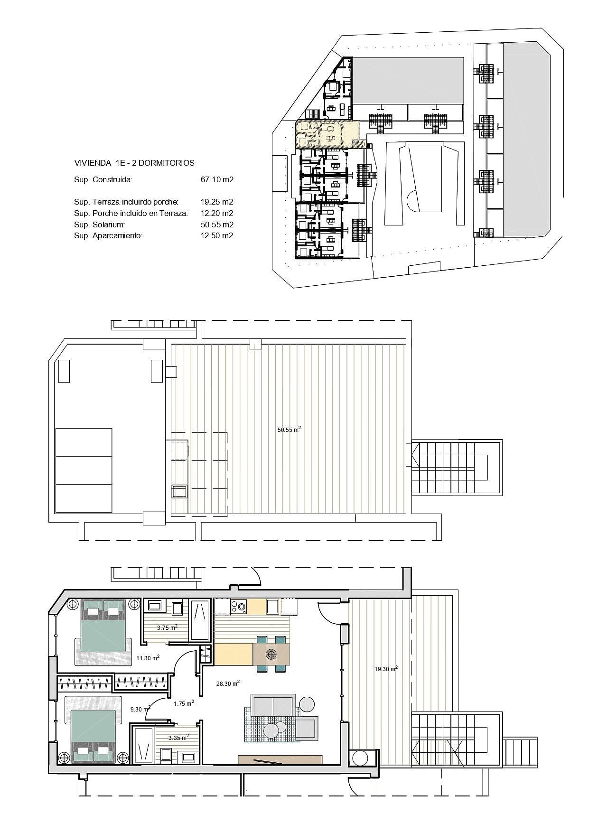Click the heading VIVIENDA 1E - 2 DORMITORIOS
pos(134,163)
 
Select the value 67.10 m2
pos(217,179)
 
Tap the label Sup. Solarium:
pos(99,225)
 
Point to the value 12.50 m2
pos(217,235)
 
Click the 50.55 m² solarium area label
pos(289,430)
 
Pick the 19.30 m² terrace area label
pos(386,669)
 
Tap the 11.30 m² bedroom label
pos(148,658)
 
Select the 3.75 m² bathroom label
pos(167,627)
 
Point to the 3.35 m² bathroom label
pos(178,737)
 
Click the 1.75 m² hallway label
pos(184,703)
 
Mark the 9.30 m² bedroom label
pos(140,709)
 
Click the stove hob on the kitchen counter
pos(238,606)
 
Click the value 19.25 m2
pos(217,202)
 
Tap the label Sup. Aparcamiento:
pos(108,235)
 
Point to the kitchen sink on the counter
pos(272,606)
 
